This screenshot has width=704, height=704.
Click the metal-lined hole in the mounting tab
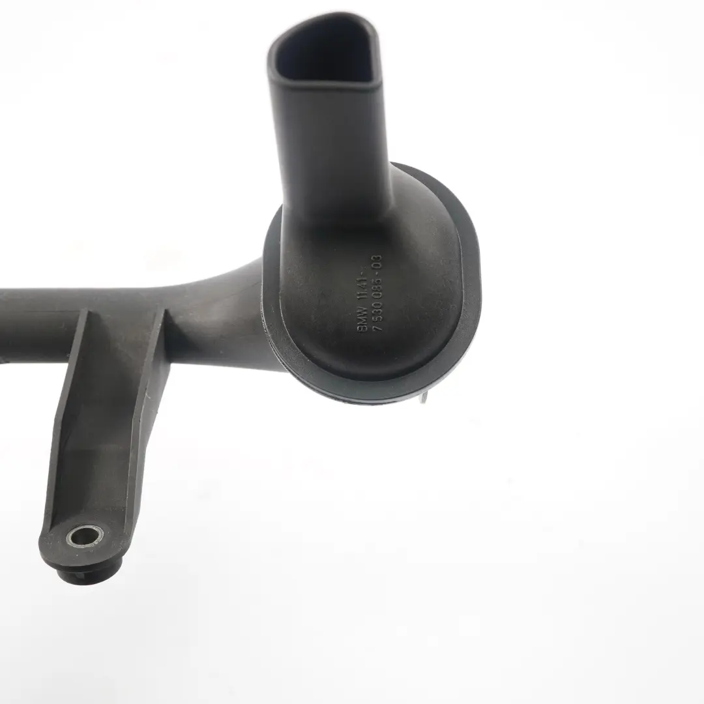(85, 536)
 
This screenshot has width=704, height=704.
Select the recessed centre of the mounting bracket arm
(104, 417)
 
